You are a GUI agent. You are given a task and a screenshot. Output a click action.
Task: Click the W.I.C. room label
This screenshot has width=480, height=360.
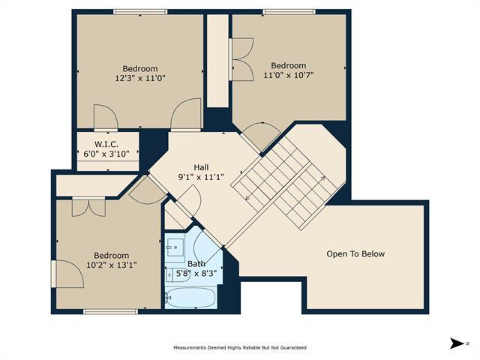[106, 144]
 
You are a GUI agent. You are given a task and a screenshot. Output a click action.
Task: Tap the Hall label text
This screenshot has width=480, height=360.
[201, 167]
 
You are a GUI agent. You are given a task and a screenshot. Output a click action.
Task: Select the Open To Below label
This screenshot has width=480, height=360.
[355, 253]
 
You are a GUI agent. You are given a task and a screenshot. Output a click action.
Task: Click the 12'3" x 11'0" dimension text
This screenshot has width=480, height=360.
[140, 78]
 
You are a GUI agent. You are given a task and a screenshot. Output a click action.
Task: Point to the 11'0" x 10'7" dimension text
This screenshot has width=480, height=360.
[289, 75]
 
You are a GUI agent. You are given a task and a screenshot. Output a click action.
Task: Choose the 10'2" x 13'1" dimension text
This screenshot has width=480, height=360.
[112, 265]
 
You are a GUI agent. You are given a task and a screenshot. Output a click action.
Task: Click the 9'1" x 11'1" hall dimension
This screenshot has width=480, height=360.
[201, 177]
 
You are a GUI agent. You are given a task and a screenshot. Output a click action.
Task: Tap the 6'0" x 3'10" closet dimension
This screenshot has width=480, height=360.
[106, 154]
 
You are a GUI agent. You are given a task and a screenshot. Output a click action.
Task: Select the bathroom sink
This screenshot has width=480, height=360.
[175, 247]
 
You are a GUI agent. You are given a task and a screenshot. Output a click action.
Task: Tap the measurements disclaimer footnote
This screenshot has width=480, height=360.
[240, 348]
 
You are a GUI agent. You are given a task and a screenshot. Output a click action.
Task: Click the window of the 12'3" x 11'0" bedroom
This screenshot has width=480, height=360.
[140, 12]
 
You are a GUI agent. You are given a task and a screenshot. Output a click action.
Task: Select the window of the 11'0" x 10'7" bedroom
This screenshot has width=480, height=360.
[289, 12]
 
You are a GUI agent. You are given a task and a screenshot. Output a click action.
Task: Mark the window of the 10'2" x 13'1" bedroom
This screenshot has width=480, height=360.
[110, 312]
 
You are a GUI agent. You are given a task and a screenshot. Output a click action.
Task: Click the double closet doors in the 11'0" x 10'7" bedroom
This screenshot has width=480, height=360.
[241, 59]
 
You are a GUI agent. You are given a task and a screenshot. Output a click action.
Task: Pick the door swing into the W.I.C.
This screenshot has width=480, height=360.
[106, 117]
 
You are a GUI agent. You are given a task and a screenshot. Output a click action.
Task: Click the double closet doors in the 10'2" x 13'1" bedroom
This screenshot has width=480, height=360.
[88, 207]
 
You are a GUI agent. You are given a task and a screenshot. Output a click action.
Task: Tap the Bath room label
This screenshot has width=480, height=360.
[196, 263]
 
